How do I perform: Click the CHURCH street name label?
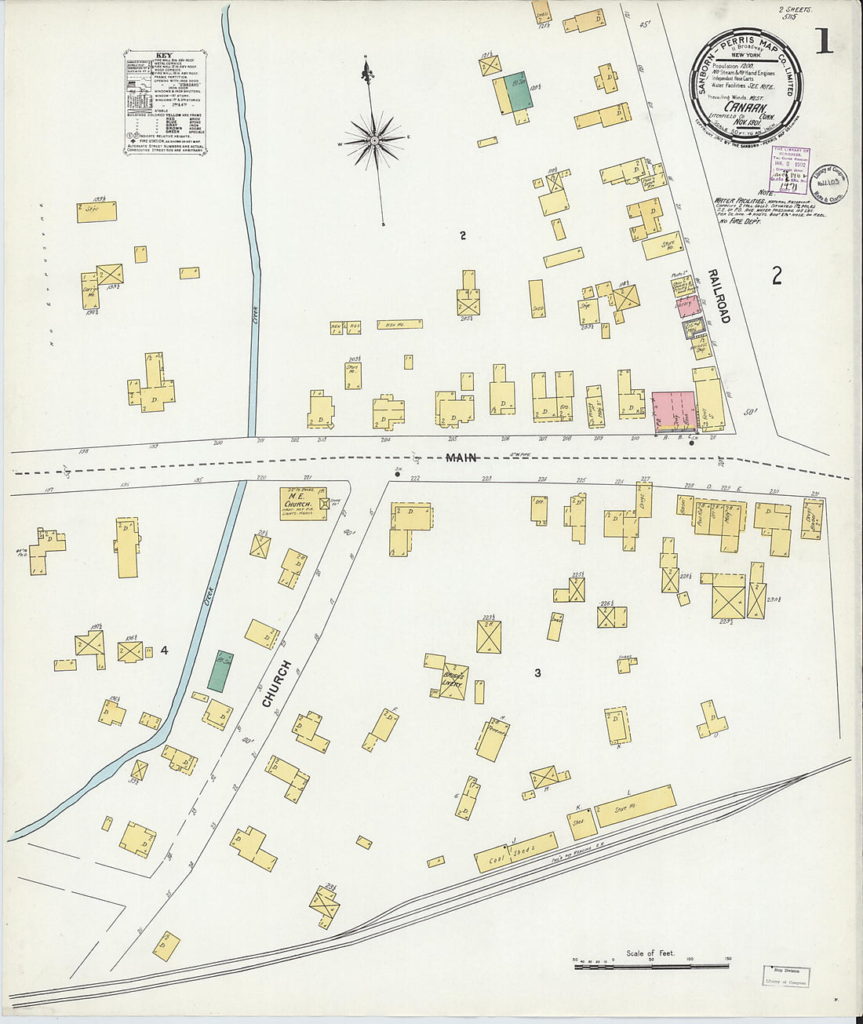tap(276, 684)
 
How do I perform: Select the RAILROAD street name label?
tap(719, 297)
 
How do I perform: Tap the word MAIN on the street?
tap(461, 457)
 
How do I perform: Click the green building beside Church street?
tap(220, 671)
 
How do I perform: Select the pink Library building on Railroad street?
tap(689, 306)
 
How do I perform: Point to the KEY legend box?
tap(165, 102)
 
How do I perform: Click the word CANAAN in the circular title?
tap(745, 107)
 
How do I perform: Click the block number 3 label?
tap(537, 673)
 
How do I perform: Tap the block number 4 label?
tap(164, 650)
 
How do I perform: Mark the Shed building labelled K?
tap(582, 823)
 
